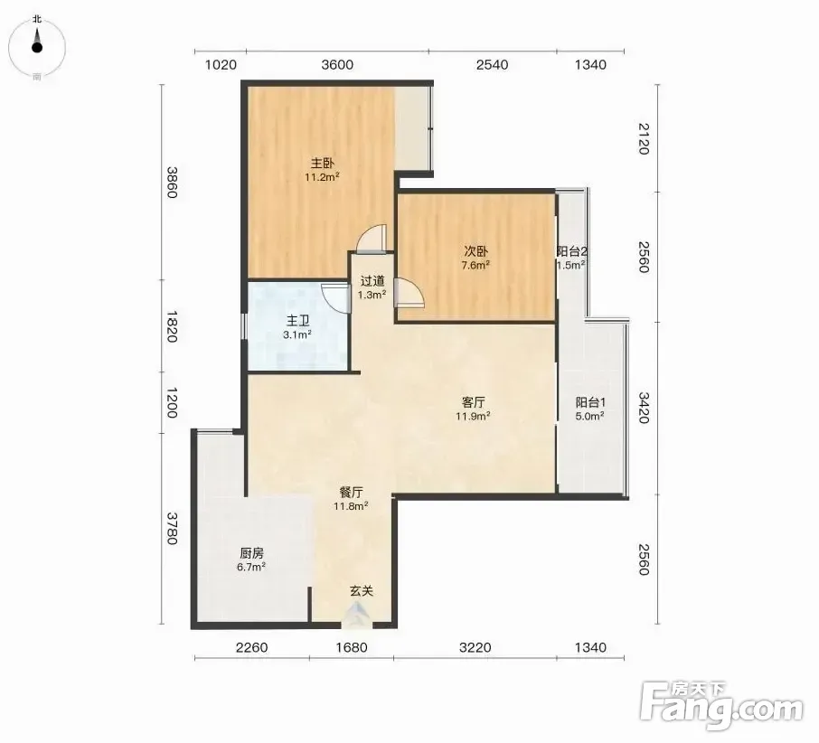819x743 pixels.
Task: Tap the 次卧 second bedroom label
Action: [x=475, y=251]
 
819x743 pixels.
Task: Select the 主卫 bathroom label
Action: [x=297, y=321]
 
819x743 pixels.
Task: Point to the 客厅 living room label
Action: [x=473, y=402]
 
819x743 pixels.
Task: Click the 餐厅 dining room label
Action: [x=351, y=492]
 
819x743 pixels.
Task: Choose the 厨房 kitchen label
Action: [x=251, y=553]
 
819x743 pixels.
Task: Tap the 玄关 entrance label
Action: [x=362, y=591]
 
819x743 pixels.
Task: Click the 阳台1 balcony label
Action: [x=590, y=402]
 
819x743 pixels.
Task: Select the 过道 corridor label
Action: [x=372, y=281]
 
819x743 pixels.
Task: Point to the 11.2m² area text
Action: [x=323, y=177]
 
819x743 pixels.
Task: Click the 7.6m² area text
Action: [x=475, y=265]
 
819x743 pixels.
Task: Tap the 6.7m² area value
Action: [x=251, y=567]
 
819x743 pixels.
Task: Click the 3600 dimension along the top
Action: [x=337, y=65]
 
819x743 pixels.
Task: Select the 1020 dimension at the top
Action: [x=221, y=65]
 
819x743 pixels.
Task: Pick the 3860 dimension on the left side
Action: [x=172, y=183]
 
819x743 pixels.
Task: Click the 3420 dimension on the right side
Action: [x=644, y=408]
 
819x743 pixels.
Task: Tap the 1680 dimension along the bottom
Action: [x=352, y=647]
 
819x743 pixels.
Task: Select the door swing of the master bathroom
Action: [x=334, y=298]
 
